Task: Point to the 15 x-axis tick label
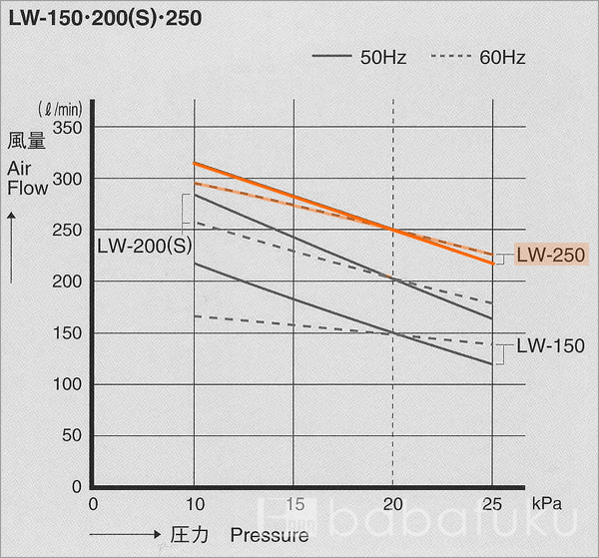[294, 503]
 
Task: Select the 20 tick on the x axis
[393, 503]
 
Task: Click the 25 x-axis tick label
[493, 503]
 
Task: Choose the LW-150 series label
[550, 345]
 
